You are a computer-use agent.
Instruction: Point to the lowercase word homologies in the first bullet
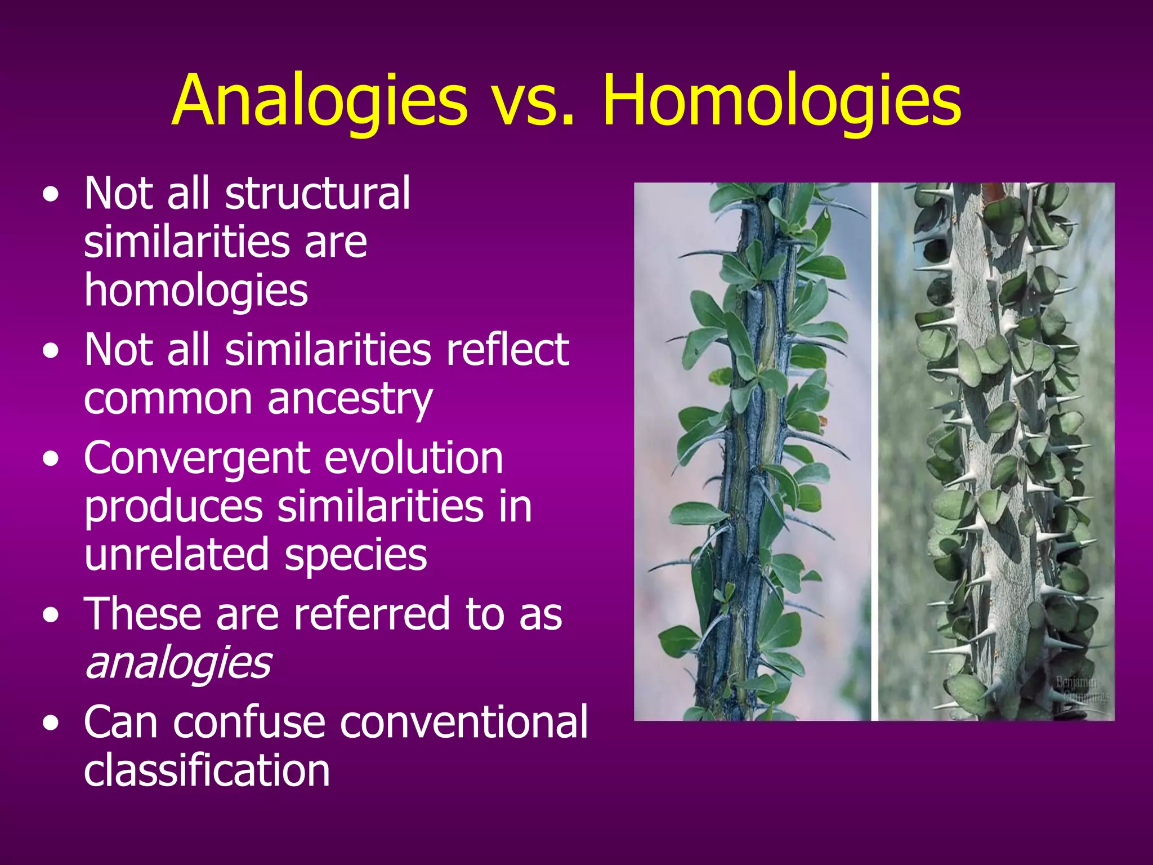click(x=196, y=291)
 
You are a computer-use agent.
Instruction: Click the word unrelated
click(x=176, y=554)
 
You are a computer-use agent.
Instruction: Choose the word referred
click(x=372, y=614)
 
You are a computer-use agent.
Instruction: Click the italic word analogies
click(x=178, y=663)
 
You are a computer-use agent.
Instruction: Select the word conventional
click(x=464, y=722)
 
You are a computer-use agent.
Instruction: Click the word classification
click(x=207, y=770)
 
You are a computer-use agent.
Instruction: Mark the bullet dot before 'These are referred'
click(x=51, y=616)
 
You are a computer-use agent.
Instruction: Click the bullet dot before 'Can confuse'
click(x=51, y=724)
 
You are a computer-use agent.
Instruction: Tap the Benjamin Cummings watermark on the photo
click(x=1082, y=689)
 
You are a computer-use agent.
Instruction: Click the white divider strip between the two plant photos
click(x=874, y=451)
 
